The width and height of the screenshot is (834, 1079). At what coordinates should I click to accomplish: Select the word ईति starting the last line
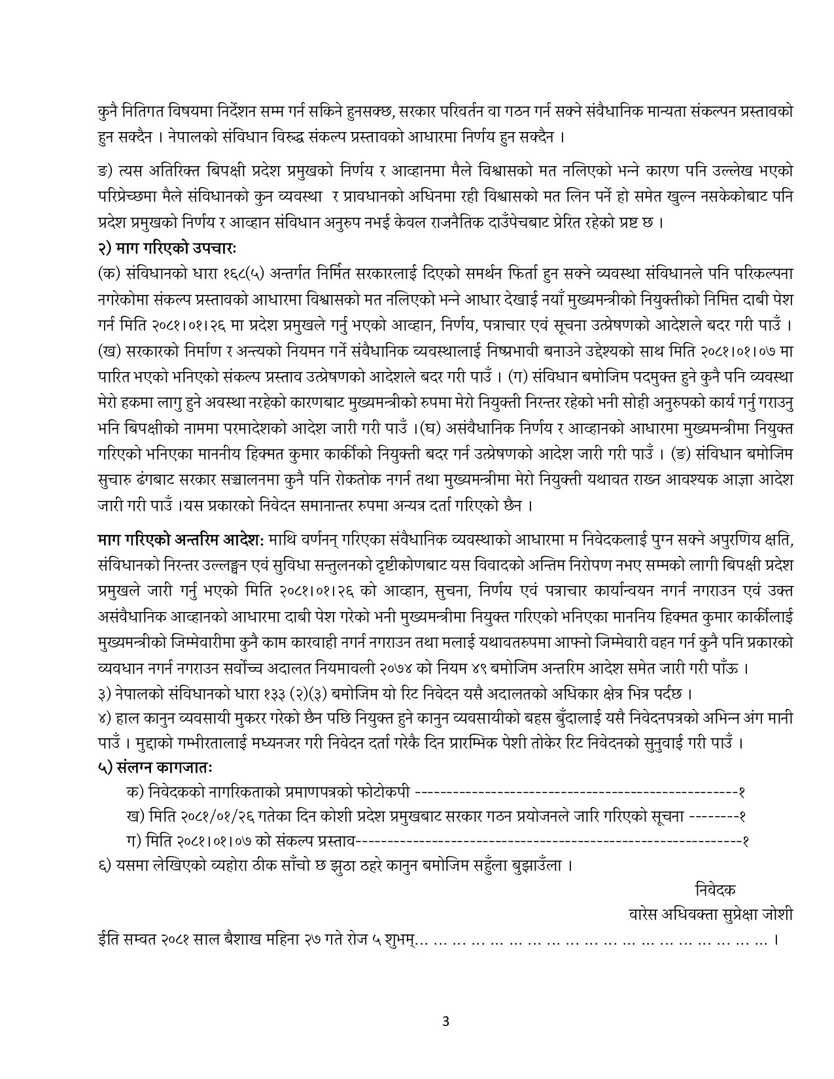point(103,940)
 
